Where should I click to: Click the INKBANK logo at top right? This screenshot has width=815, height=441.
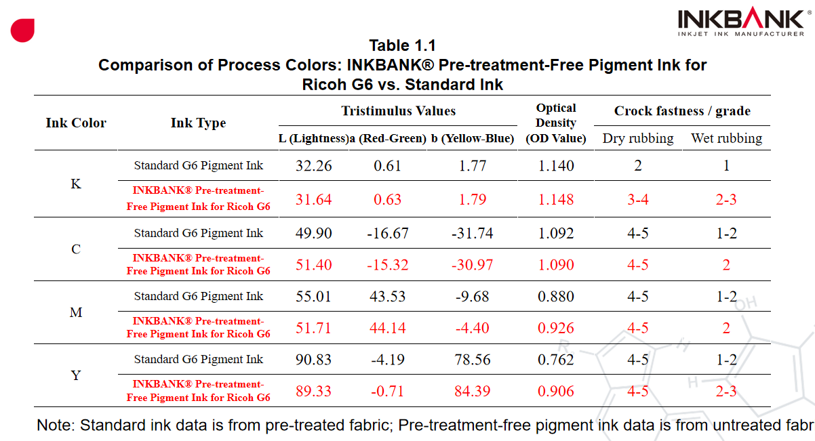(740, 22)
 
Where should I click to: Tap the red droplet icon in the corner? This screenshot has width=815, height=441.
(22, 30)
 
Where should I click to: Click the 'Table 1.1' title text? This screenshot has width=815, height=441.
(402, 46)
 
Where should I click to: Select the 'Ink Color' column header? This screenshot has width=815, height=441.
(76, 123)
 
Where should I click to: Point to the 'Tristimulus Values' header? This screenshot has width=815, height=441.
(398, 111)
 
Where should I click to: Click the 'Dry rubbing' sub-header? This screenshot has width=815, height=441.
(637, 139)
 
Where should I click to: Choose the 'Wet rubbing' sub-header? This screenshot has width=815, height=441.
(726, 139)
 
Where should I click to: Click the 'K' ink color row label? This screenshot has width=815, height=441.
(76, 184)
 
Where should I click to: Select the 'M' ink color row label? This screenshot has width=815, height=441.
(76, 312)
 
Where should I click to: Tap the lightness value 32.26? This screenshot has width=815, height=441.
(314, 166)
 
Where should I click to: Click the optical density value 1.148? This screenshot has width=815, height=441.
(555, 200)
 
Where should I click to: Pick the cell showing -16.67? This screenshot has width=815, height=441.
(387, 234)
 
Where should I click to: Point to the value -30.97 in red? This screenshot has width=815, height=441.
(472, 265)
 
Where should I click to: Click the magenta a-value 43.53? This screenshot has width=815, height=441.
(387, 297)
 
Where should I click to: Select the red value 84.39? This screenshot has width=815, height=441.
(472, 392)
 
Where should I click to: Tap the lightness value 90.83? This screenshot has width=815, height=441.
(314, 360)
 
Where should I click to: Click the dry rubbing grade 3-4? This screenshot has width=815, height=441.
(637, 200)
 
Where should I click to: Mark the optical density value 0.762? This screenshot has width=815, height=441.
(555, 360)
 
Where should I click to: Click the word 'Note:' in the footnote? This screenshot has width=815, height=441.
(56, 425)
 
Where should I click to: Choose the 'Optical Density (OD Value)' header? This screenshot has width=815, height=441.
(555, 123)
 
